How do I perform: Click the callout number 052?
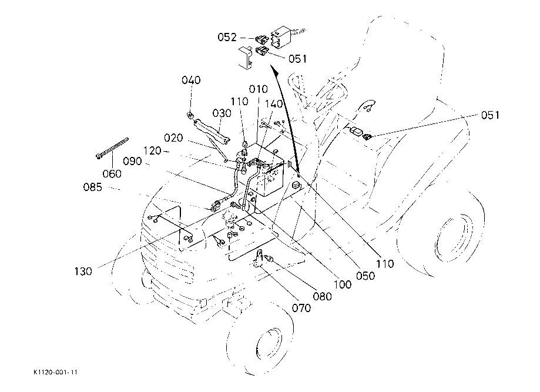pos(227,37)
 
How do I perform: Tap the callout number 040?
pos(191,80)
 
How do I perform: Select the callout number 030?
pos(222,113)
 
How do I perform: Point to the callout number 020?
pos(173,138)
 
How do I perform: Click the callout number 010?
pos(259,89)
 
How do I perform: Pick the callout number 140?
pos(274,103)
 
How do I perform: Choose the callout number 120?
pos(152,150)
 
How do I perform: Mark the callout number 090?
pos(132,161)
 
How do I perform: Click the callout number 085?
pos(93,187)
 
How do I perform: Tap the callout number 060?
pos(112,173)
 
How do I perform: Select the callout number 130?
pos(83,272)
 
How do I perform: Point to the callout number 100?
pos(343,284)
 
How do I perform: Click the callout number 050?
pos(365,276)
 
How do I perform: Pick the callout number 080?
pos(323,296)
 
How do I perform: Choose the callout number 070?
pos(301,307)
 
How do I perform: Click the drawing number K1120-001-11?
pos(55,373)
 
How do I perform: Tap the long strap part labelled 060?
pos(112,148)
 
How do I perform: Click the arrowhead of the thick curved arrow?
pos(274,71)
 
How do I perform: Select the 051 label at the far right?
pos(490,115)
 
